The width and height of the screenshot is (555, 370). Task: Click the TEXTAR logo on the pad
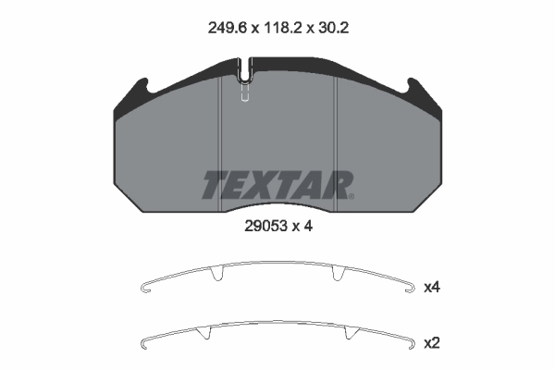coord(275,186)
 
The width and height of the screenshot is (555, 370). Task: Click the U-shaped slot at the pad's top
coord(245,69)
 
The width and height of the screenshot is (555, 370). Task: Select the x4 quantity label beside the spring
coord(431,288)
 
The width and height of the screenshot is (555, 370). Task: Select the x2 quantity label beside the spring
coord(431,343)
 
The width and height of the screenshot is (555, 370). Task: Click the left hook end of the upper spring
coord(143,291)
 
